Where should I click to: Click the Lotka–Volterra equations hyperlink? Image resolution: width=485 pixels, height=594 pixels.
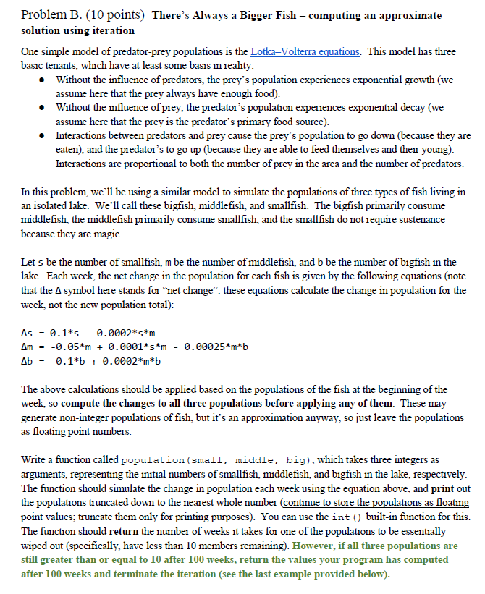pyautogui.click(x=305, y=52)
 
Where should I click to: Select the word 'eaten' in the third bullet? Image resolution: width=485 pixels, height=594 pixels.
pyautogui.click(x=69, y=147)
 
